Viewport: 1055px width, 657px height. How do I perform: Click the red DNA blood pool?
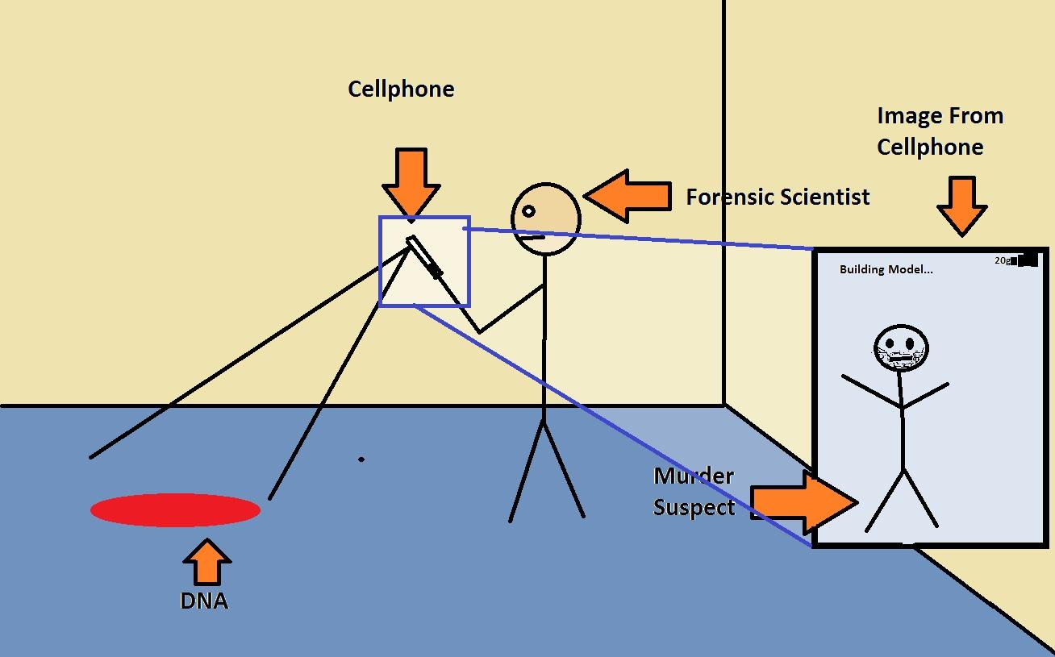175,509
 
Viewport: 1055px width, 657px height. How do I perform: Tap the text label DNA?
204,601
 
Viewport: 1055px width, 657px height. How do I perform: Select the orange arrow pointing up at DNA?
207,562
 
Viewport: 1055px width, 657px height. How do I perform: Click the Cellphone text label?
401,89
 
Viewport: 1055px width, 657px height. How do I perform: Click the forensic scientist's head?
545,218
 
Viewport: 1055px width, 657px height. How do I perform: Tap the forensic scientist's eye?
528,212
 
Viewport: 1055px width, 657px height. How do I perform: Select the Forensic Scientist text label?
778,197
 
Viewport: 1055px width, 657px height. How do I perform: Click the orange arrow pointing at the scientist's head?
628,195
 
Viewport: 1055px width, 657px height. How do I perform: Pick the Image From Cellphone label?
940,131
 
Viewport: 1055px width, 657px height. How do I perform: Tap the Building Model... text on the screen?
886,269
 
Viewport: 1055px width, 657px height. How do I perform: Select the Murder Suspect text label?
694,491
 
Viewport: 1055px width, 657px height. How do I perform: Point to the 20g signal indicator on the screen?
1002,260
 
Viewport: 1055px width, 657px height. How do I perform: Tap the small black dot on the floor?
361,459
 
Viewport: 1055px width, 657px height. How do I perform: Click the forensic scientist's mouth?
532,238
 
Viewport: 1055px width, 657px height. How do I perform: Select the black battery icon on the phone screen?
1028,260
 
